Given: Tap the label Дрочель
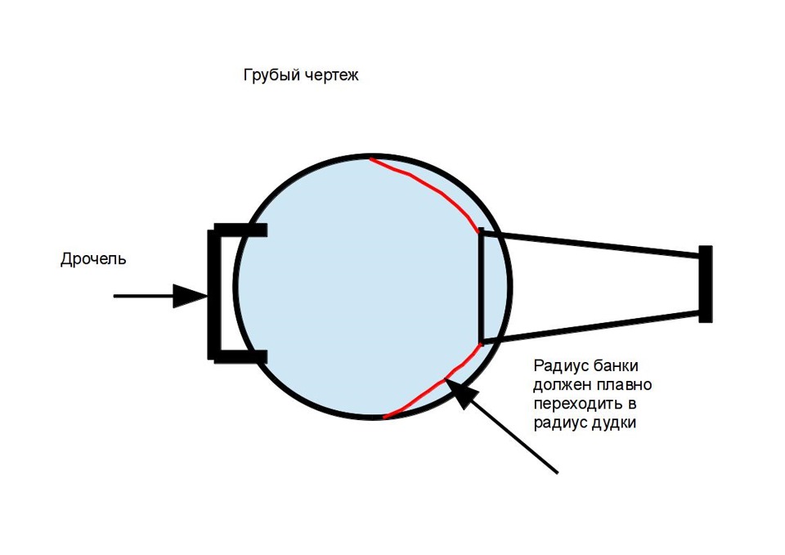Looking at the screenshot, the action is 93,259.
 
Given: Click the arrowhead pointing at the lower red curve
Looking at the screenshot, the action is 458,393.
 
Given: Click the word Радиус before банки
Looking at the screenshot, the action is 561,365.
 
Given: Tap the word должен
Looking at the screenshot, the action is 563,385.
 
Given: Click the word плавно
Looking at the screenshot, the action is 624,384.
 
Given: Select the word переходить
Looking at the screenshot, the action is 575,404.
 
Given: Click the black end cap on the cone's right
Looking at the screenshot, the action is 706,284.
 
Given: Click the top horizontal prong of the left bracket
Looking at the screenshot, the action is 240,230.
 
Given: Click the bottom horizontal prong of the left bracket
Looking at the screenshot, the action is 240,356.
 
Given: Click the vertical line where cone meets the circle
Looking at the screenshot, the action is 482,285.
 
